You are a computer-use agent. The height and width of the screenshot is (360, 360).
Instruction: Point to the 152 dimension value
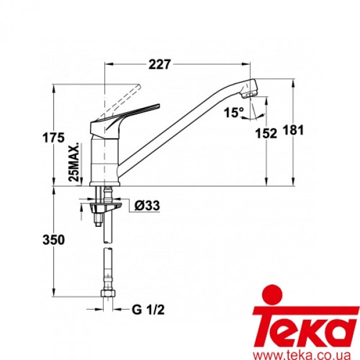pos(266,134)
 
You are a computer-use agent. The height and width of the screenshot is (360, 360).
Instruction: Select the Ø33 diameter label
pos(145,206)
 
